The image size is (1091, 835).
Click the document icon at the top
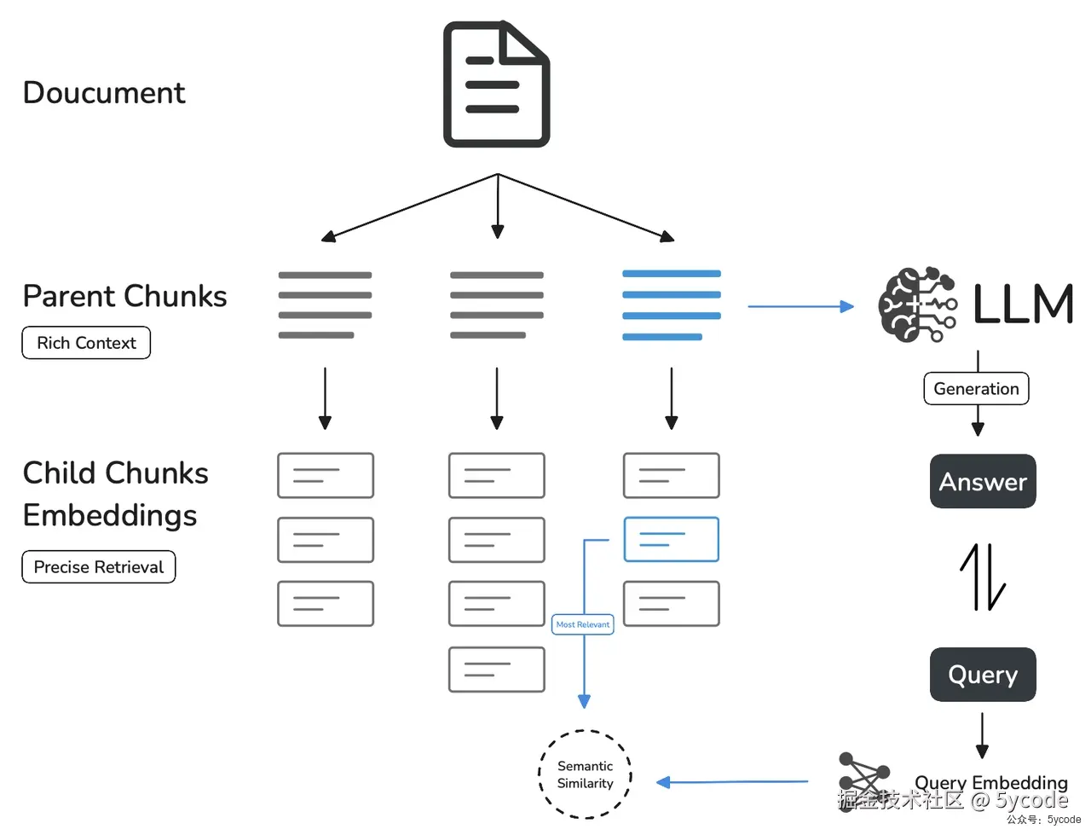pos(496,84)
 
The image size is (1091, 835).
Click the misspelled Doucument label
pos(104,93)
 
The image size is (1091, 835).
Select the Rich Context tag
pos(86,343)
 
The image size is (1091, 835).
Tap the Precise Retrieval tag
pos(99,567)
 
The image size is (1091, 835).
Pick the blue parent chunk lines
pos(672,305)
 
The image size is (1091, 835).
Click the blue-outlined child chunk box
pos(672,539)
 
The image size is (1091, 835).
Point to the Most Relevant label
pos(583,624)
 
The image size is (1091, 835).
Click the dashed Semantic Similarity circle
pos(586,774)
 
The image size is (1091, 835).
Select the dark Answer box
pos(983,482)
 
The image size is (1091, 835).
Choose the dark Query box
pos(983,675)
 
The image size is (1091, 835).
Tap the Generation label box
pos(977,389)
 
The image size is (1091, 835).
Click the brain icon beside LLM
pos(916,305)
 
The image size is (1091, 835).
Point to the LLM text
pos(1023,304)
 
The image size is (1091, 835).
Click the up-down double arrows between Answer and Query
pos(983,577)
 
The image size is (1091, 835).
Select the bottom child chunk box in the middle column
pos(497,670)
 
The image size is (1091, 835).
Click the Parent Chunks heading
pos(124,296)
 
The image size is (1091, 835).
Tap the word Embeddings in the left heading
pos(110,515)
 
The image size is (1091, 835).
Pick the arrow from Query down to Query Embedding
pos(982,735)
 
